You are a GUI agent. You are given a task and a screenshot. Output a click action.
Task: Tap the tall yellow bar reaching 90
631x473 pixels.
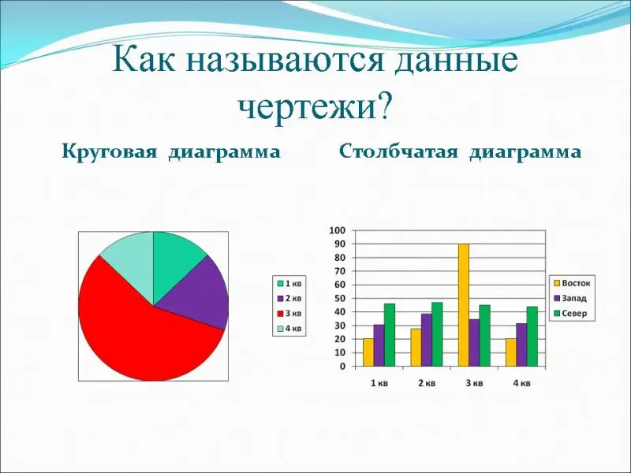pos(464,305)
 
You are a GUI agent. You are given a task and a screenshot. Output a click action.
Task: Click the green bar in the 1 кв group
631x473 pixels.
pos(390,335)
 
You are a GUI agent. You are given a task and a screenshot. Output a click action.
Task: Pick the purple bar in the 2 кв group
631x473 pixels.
pos(427,340)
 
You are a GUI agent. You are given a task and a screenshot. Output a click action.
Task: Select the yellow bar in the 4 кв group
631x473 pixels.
pos(511,352)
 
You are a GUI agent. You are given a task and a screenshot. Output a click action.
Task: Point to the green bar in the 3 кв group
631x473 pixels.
pos(484,336)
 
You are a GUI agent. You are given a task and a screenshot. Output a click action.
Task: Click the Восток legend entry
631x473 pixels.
pos(572,283)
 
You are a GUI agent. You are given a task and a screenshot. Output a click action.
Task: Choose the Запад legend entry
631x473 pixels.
pos(570,299)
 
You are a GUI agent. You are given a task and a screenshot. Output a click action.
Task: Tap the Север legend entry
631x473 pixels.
pos(570,314)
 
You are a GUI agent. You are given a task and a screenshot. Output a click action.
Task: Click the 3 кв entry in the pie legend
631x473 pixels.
pos(289,313)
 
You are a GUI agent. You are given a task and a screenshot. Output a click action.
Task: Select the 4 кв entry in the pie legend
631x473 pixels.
pos(289,329)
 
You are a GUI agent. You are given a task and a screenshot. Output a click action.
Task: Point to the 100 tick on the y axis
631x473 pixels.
pos(338,230)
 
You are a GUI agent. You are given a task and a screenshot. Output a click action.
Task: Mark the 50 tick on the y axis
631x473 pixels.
pos(340,299)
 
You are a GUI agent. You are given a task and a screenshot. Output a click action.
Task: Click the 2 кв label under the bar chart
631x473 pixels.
pos(427,383)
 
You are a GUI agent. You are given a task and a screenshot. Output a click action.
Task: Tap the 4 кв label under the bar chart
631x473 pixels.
pos(521,383)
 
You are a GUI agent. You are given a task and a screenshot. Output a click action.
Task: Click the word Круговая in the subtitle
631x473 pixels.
pos(109,153)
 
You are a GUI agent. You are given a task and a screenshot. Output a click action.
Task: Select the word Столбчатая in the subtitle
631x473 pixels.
pos(398,152)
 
